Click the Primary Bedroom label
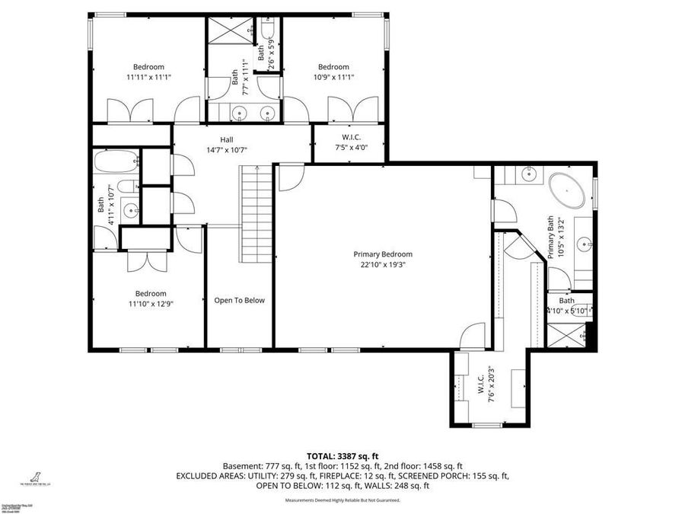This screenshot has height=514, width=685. point(382,260)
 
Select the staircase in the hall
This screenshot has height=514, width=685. point(257,212)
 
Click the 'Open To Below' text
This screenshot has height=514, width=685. point(239,300)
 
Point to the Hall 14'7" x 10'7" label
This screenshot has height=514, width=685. point(227,145)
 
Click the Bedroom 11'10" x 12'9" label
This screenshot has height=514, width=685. point(151,299)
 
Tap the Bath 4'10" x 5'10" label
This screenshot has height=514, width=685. point(569,305)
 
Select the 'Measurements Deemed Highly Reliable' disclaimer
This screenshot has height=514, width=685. point(342,500)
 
